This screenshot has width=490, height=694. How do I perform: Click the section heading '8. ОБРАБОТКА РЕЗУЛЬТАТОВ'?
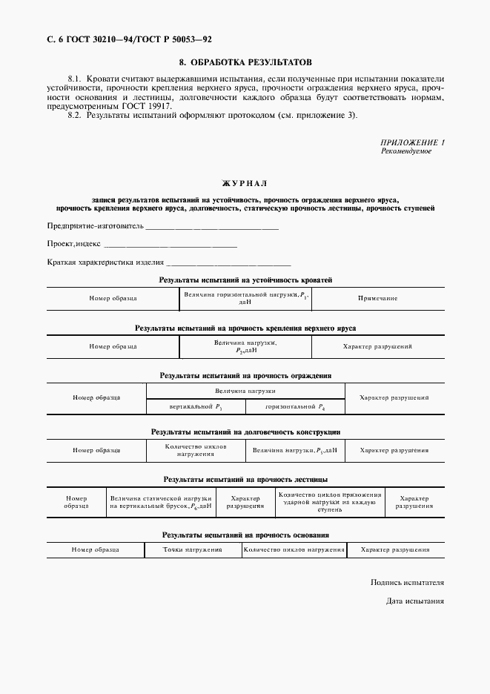click(x=245, y=62)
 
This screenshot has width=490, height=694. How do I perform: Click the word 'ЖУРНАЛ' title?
click(x=245, y=182)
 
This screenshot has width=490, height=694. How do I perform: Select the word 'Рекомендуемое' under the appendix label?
click(x=406, y=151)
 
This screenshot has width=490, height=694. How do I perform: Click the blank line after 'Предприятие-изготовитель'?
click(x=211, y=226)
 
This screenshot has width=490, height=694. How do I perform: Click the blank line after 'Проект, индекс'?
click(x=170, y=244)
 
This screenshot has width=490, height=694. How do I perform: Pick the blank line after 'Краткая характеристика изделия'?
click(x=229, y=262)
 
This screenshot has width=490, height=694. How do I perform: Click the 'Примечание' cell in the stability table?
click(x=377, y=298)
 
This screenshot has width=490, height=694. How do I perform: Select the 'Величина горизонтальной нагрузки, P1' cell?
click(x=245, y=298)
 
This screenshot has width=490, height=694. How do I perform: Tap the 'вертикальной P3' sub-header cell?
click(x=195, y=407)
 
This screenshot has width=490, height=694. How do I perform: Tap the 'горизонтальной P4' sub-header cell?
click(x=294, y=407)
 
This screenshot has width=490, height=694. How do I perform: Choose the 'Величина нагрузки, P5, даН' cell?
click(x=294, y=450)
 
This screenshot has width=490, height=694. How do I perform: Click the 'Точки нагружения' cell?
click(x=193, y=550)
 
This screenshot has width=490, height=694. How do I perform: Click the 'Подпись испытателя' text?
click(x=407, y=583)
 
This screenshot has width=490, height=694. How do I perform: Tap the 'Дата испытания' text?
click(x=414, y=601)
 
